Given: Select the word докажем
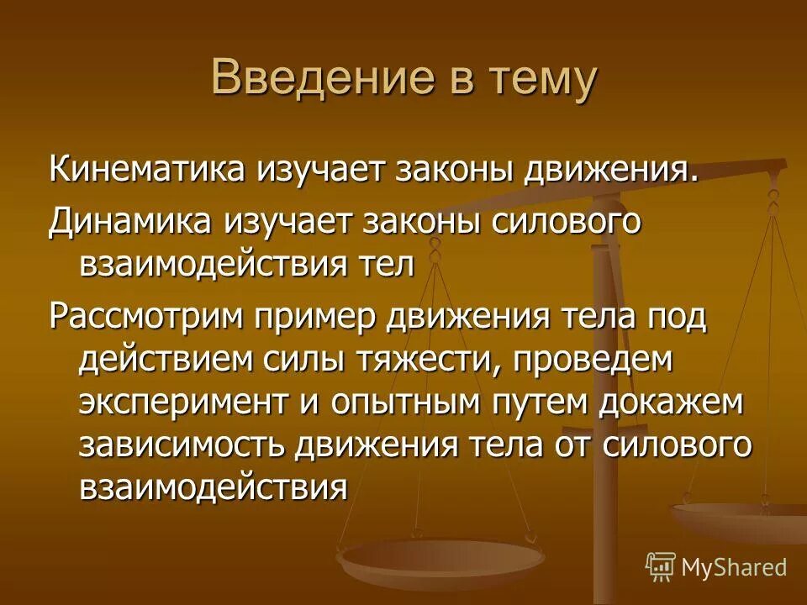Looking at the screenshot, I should pyautogui.click(x=672, y=403).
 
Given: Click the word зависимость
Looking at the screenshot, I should pyautogui.click(x=180, y=445).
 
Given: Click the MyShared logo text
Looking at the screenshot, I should pyautogui.click(x=733, y=567).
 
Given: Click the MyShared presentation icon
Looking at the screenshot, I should pyautogui.click(x=661, y=566).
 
